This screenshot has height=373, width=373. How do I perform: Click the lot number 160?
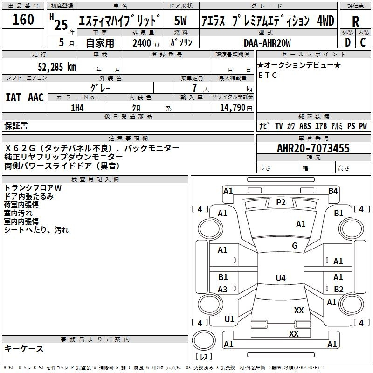(23, 19)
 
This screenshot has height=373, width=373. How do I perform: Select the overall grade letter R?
(355, 21)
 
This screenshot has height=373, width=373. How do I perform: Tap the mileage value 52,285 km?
(57, 67)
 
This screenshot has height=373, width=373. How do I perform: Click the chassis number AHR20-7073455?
(313, 148)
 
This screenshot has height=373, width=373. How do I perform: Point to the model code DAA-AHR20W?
(267, 43)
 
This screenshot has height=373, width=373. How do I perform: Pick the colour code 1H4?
(77, 108)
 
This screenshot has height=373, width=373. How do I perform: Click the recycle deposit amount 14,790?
(232, 108)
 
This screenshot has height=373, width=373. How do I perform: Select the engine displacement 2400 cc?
(146, 43)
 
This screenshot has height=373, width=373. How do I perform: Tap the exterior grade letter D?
(348, 42)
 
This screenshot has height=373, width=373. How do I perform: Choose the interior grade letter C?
(363, 42)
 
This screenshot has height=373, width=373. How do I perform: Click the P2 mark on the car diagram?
(281, 202)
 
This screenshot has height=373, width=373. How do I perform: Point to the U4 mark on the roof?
(281, 278)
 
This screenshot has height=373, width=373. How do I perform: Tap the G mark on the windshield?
(295, 246)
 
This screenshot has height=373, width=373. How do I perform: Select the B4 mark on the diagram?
(333, 191)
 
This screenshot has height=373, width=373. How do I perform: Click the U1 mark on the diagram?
(229, 319)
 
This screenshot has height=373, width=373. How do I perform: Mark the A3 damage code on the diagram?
(222, 290)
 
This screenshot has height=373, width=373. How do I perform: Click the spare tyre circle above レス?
(204, 340)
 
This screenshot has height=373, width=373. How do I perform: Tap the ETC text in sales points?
(268, 75)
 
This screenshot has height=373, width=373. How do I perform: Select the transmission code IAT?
(14, 97)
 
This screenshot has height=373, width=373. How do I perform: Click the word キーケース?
(24, 348)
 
